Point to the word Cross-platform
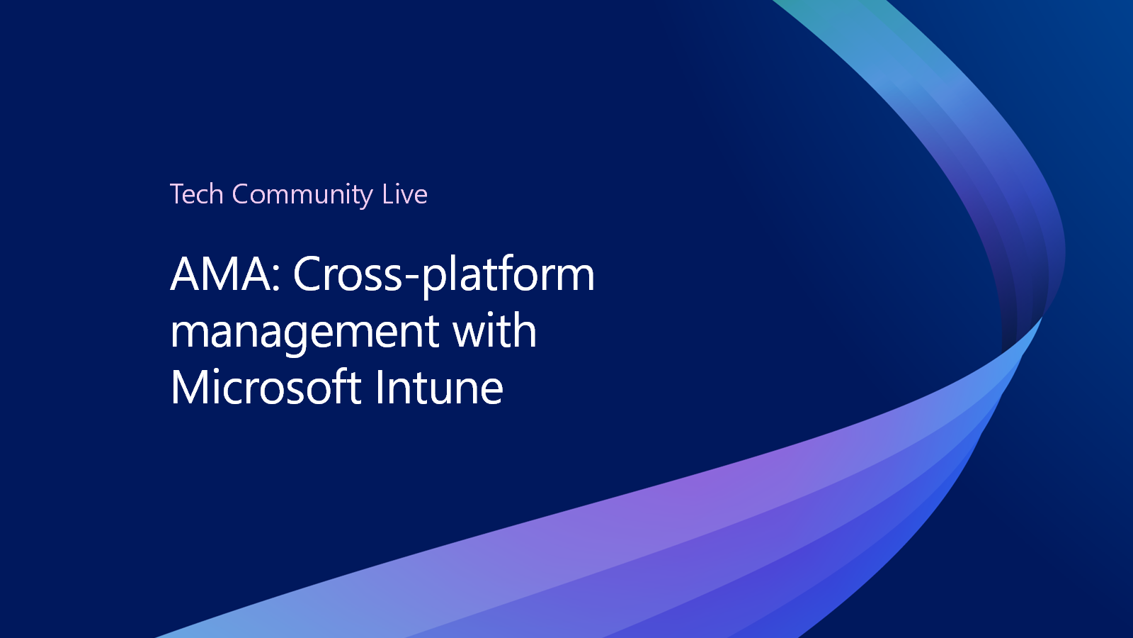coord(443,276)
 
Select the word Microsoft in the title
coord(266,387)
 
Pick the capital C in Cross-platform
coord(308,274)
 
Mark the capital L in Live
coord(389,194)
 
